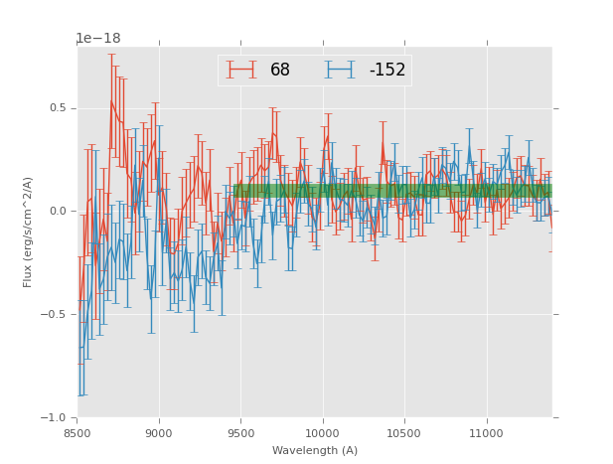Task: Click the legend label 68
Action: pos(280,70)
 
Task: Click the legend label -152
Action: pos(387,70)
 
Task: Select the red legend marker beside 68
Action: pos(240,70)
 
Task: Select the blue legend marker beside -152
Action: pos(343,70)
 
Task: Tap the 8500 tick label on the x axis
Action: pos(77,433)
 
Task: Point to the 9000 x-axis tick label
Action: pos(159,433)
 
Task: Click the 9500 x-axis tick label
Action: pos(241,433)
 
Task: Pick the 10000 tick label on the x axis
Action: pos(323,433)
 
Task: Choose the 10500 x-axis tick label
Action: pos(404,433)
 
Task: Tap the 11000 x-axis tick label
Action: pos(486,433)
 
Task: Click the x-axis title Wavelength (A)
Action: pos(315,450)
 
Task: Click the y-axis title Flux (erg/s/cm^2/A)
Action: pos(29,232)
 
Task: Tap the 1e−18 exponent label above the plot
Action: pos(98,39)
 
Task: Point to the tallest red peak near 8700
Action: pos(111,100)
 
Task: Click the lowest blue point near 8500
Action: pos(79,347)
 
